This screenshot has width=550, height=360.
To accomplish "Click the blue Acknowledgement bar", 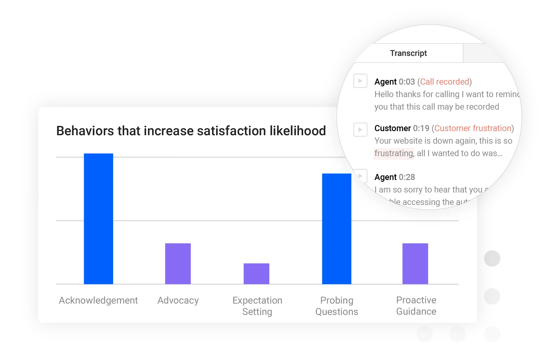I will pyautogui.click(x=98, y=219).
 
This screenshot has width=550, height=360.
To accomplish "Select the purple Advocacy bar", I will pyautogui.click(x=178, y=263).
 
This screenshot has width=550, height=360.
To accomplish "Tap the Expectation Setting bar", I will pyautogui.click(x=256, y=274).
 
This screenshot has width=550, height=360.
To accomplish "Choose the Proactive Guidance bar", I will pyautogui.click(x=415, y=263).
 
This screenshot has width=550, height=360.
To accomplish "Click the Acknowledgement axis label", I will pyautogui.click(x=98, y=300).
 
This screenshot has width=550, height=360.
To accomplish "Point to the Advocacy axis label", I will pyautogui.click(x=178, y=300).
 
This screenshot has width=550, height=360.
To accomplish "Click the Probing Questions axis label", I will pyautogui.click(x=337, y=306).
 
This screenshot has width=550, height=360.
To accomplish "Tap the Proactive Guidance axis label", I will pyautogui.click(x=416, y=306).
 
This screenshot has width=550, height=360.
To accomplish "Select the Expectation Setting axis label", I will pyautogui.click(x=257, y=306).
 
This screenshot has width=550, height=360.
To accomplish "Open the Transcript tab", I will pyautogui.click(x=408, y=53).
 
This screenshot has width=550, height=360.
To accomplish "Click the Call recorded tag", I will pyautogui.click(x=444, y=82).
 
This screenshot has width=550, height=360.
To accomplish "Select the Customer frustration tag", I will pyautogui.click(x=473, y=128).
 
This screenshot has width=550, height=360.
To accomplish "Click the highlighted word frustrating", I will pyautogui.click(x=394, y=153).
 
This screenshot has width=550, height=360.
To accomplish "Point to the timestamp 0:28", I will pyautogui.click(x=407, y=177).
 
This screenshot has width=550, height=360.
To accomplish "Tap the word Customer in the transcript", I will pyautogui.click(x=392, y=128).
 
